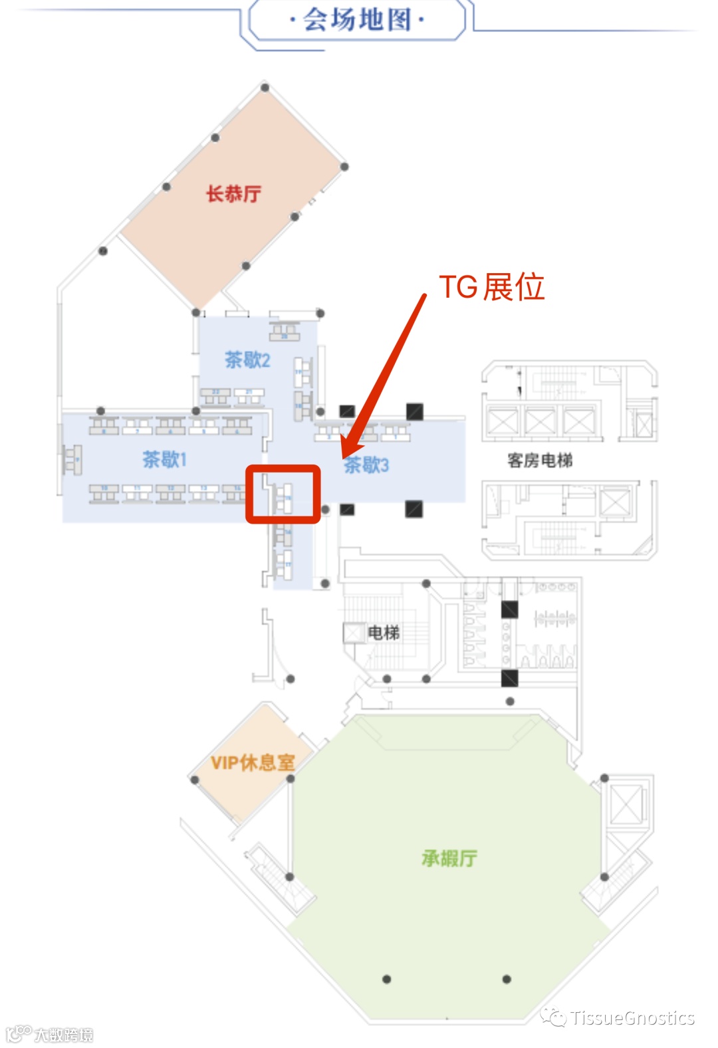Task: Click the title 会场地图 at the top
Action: [357, 20]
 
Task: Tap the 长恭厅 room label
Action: [233, 194]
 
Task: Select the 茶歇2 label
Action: [247, 360]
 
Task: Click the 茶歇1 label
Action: [164, 459]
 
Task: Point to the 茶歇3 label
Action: [366, 465]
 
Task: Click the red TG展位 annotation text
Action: [491, 287]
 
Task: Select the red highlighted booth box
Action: [283, 494]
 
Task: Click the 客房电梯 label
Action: [539, 461]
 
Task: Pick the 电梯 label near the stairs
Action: [384, 633]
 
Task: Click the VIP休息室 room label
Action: [253, 762]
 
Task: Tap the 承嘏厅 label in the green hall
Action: [449, 859]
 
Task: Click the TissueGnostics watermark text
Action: [632, 1018]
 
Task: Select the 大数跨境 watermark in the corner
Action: [63, 1035]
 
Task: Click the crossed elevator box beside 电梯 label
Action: [353, 633]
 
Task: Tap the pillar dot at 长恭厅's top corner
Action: [265, 88]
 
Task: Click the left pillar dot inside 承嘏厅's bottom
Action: [387, 979]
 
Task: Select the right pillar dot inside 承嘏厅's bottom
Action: [507, 979]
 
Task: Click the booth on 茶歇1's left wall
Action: [71, 459]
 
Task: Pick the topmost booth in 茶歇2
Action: [285, 331]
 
